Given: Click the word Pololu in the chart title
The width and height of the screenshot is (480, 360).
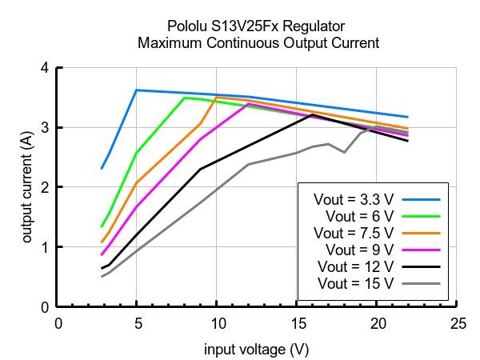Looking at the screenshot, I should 188,25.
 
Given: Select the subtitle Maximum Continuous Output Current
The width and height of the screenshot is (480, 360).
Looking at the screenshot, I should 258,43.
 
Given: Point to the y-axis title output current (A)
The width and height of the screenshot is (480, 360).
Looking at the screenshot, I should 27,186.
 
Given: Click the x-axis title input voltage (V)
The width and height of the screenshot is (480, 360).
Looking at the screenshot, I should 257,350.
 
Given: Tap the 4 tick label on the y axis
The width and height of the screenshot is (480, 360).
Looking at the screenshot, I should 45,68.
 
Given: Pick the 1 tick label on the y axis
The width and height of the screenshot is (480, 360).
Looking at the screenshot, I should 45,247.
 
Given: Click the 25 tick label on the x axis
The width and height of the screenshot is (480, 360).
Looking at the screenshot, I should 458,324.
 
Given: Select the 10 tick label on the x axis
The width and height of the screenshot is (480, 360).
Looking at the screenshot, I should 217,324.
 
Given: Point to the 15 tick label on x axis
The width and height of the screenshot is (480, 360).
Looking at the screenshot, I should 297,324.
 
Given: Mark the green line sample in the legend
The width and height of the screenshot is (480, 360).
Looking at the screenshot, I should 422,215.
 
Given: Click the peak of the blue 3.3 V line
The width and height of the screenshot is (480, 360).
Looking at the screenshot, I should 137,90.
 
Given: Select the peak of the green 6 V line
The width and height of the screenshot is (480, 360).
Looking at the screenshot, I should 185,98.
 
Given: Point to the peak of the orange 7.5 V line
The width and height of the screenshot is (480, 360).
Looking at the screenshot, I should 217,98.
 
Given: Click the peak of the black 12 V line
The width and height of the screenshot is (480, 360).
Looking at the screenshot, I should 312,115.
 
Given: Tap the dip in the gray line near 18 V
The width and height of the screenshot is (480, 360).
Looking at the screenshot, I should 344,152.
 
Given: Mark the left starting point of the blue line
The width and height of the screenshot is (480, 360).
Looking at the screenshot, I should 102,169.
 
